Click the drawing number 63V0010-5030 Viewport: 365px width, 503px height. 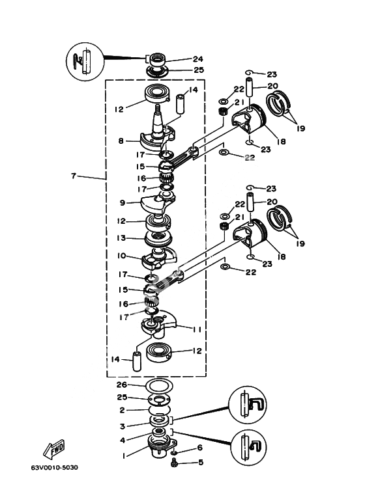pyautogui.click(x=54, y=467)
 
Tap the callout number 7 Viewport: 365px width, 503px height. pyautogui.click(x=74, y=176)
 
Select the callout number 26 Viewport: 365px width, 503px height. pyautogui.click(x=122, y=385)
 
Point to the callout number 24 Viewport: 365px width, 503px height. pyautogui.click(x=198, y=59)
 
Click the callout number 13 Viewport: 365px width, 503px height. pyautogui.click(x=121, y=238)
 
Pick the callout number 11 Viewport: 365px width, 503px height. pyautogui.click(x=197, y=329)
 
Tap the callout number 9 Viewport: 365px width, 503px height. pyautogui.click(x=122, y=203)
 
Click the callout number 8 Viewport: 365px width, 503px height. pyautogui.click(x=121, y=141)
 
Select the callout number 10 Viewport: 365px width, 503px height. pyautogui.click(x=121, y=256)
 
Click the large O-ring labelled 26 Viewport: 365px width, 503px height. pyautogui.click(x=160, y=385)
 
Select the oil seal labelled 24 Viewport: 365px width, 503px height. pyautogui.click(x=156, y=60)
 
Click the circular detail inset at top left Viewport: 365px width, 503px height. pyautogui.click(x=85, y=62)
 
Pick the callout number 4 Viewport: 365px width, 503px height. pyautogui.click(x=123, y=440)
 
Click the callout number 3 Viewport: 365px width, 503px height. pyautogui.click(x=123, y=426)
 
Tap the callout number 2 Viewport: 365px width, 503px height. pyautogui.click(x=122, y=410)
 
